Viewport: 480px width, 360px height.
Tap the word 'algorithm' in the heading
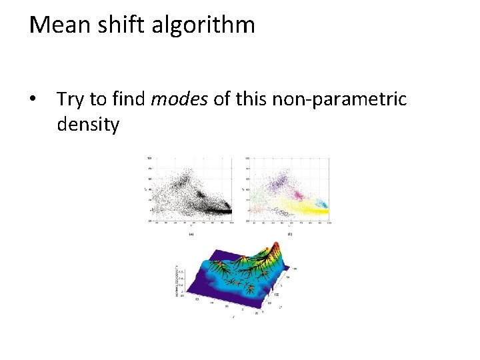[201, 25]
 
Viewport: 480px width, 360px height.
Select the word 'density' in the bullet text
[88, 124]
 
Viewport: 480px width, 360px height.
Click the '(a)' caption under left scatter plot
[192, 234]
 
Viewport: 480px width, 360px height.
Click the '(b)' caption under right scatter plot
[289, 234]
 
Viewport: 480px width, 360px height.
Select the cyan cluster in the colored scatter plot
[321, 204]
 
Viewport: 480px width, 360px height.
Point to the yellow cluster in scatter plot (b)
[293, 208]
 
